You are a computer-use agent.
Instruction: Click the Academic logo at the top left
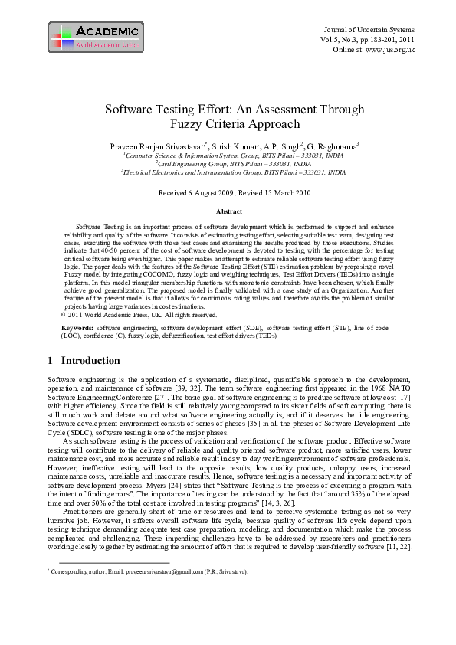click(x=96, y=38)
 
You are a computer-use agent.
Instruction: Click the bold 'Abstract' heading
click(x=228, y=211)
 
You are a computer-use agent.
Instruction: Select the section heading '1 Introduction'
click(x=84, y=361)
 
